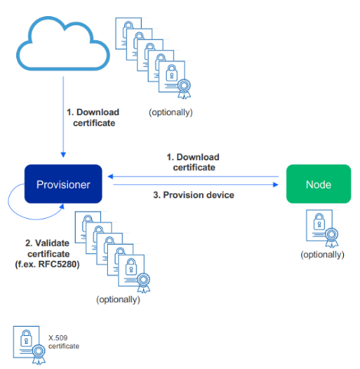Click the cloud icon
63,45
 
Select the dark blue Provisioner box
63,184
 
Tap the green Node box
318,184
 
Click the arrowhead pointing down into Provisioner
63,154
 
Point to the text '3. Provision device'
194,195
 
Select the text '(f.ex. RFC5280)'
47,265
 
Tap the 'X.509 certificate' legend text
63,342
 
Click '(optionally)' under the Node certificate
322,255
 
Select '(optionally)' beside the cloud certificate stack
171,112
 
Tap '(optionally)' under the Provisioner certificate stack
118,300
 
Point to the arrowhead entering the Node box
276,185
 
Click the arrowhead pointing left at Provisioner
111,177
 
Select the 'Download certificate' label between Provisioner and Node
193,162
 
